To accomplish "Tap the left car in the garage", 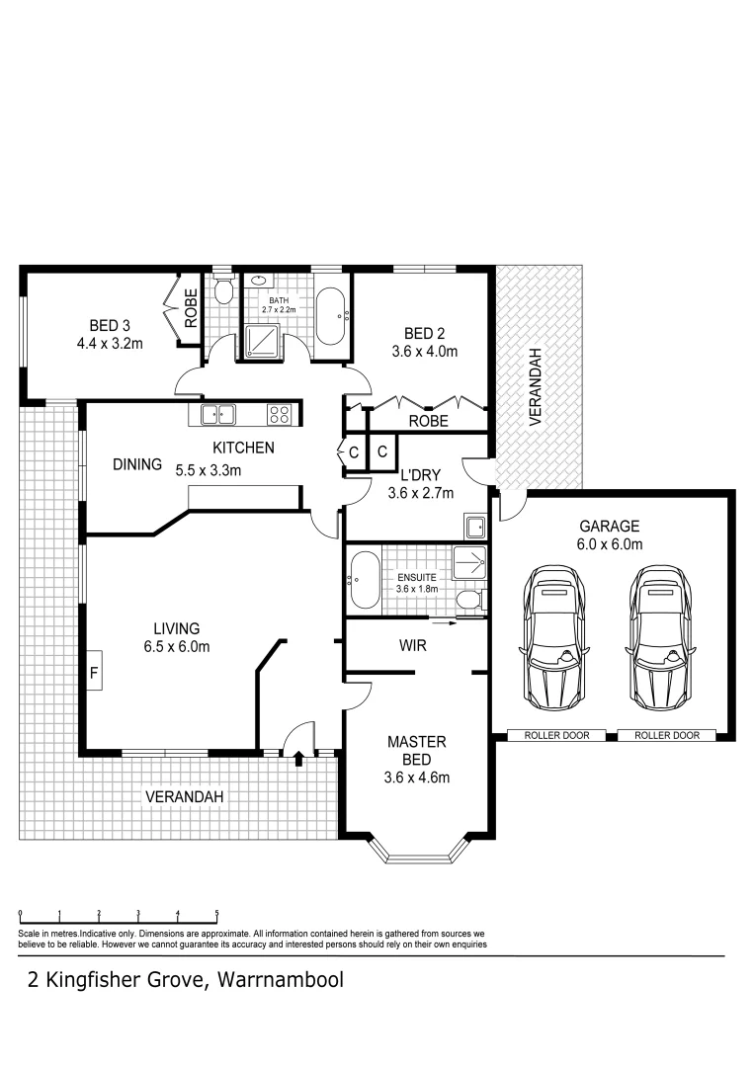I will pos(553,636).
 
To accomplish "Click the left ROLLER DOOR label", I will pos(556,735).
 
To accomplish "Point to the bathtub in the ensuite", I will pos(364,581).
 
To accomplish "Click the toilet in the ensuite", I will pos(467,599).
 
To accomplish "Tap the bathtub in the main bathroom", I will pos(330,315).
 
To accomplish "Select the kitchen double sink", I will pos(217,415).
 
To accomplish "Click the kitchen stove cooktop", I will pos(281,415).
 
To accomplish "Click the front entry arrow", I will pos(297,759).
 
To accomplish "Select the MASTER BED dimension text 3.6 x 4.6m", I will pos(417,777).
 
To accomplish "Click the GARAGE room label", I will pos(610,527).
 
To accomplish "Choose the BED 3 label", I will pos(110,326).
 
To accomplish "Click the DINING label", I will pos(136,463).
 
